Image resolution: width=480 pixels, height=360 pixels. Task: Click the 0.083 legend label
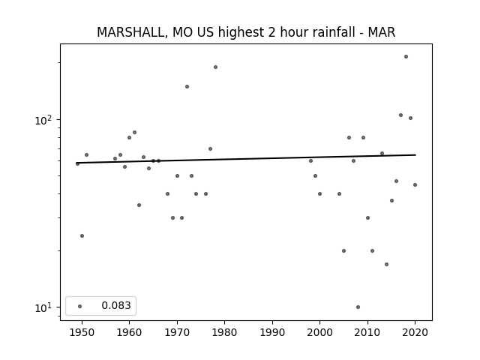click(x=116, y=305)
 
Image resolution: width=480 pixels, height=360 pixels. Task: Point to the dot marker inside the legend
click(x=80, y=306)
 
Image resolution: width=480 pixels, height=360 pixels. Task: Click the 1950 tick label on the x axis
click(x=82, y=332)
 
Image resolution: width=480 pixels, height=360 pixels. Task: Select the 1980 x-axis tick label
click(x=224, y=332)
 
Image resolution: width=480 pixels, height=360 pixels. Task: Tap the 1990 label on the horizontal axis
click(x=272, y=332)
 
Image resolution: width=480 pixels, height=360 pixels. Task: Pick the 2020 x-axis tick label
click(x=415, y=332)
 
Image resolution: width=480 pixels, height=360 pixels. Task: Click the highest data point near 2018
click(x=406, y=57)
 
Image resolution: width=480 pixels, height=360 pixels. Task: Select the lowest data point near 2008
click(x=358, y=307)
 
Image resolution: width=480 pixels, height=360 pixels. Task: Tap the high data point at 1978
click(x=215, y=67)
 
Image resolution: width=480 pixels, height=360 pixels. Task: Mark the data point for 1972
click(x=187, y=87)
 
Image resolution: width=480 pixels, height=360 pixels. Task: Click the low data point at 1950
click(x=82, y=235)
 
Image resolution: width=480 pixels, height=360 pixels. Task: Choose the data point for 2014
click(x=387, y=264)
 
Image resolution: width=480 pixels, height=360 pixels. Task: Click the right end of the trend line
click(x=415, y=155)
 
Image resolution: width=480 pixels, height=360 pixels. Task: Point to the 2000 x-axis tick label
click(x=320, y=332)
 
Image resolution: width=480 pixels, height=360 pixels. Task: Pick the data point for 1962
click(x=139, y=205)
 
